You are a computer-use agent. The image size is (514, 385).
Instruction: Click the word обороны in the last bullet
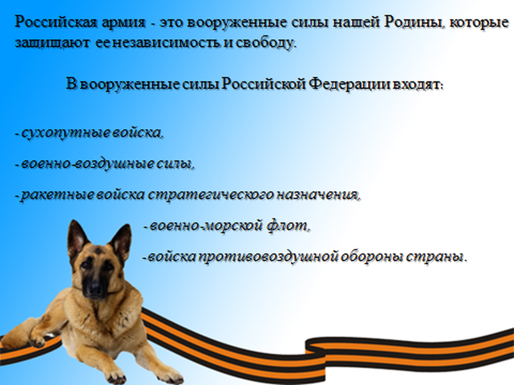[371, 257]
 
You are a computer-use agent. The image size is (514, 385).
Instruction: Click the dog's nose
[94, 289]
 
